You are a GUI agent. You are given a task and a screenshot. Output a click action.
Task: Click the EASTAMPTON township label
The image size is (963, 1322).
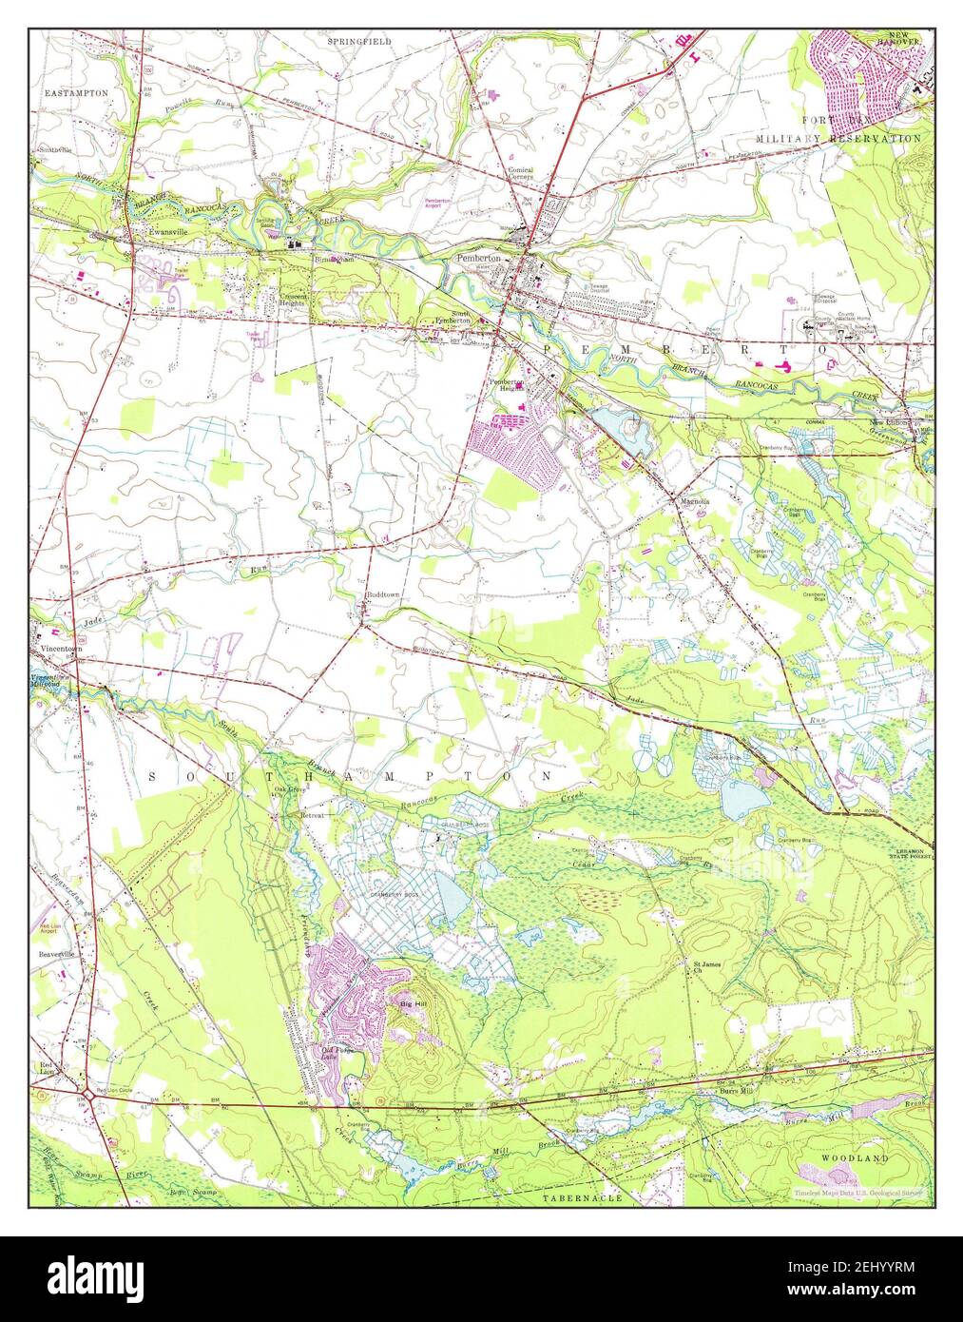click(x=76, y=93)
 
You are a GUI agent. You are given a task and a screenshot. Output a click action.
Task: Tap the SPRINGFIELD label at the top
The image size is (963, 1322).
click(x=359, y=43)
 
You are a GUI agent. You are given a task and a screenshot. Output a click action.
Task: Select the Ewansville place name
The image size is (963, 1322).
click(x=155, y=229)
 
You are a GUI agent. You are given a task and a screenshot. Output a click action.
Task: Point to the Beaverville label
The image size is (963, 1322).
click(x=56, y=952)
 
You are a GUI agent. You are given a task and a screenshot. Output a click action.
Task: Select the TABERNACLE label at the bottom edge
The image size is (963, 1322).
click(x=583, y=1198)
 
